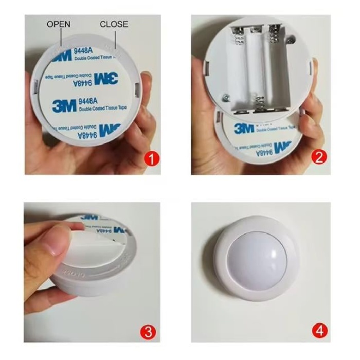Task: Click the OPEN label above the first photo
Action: pos(59,24)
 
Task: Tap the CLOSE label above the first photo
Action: pos(114,24)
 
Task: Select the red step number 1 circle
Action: pos(151,158)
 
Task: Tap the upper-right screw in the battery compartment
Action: pos(292,39)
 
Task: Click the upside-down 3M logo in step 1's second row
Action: pos(106,78)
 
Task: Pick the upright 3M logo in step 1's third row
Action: pos(64,106)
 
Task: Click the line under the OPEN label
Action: pos(61,38)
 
